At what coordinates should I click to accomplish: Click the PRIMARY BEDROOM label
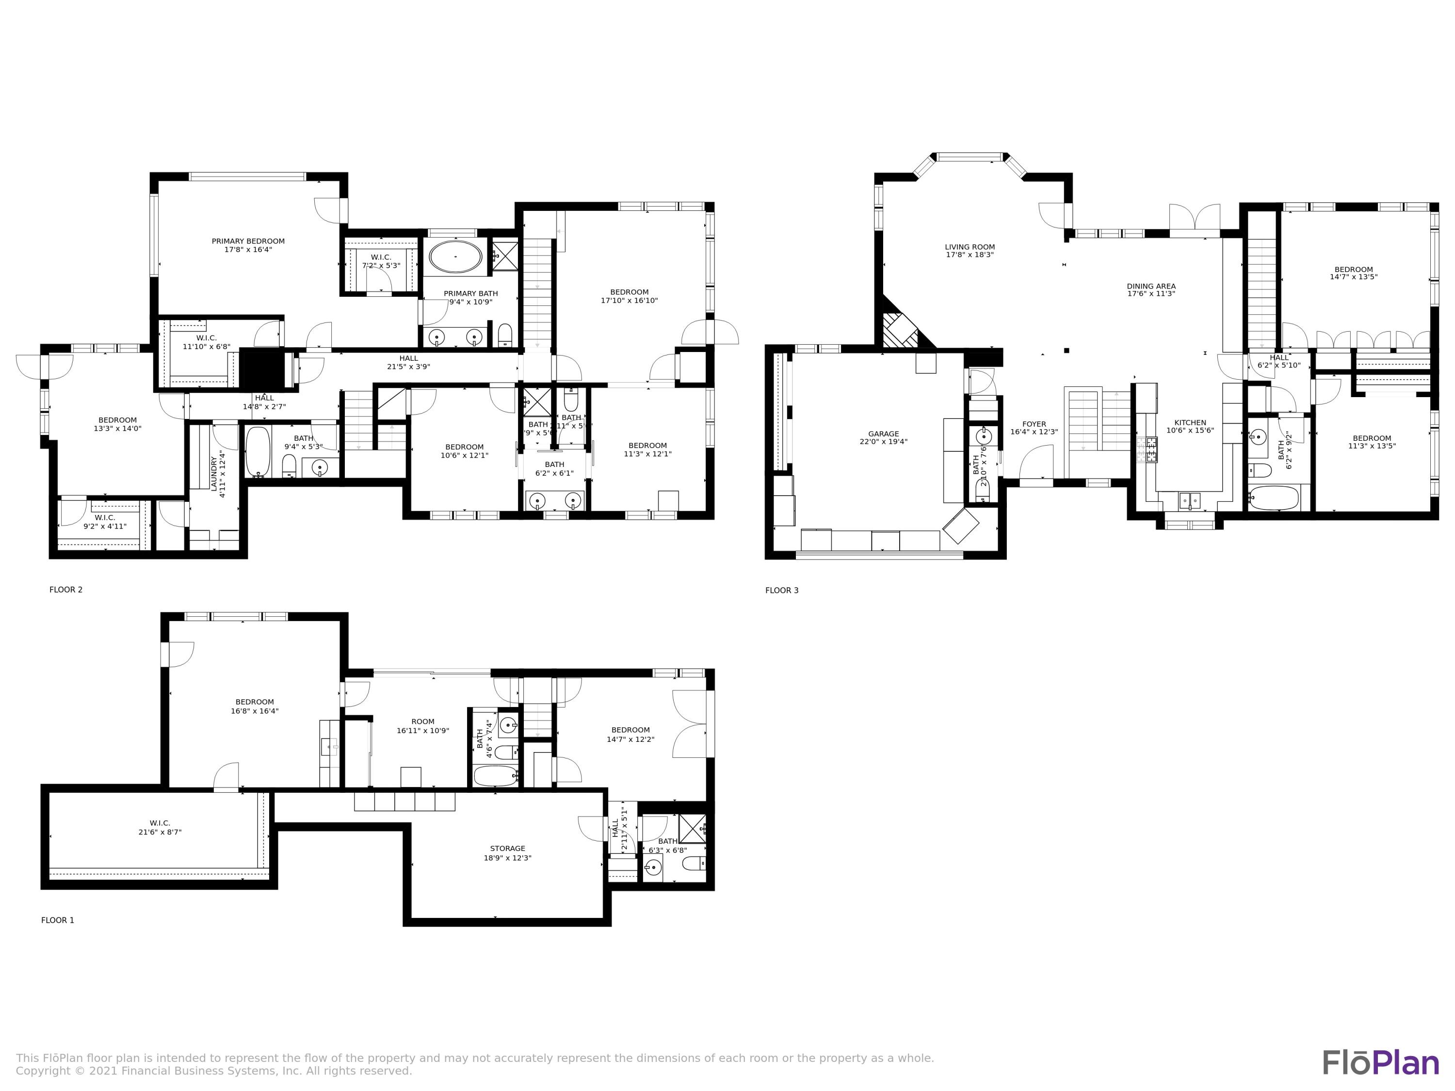(x=248, y=241)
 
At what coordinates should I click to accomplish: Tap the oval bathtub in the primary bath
(x=455, y=257)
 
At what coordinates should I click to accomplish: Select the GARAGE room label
(x=883, y=434)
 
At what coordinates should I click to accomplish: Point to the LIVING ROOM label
(x=970, y=247)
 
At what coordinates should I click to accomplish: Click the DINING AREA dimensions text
(x=1151, y=294)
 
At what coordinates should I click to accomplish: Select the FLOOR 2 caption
(x=66, y=590)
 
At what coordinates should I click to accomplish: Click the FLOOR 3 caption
(x=781, y=591)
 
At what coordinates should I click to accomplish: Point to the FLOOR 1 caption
(x=58, y=920)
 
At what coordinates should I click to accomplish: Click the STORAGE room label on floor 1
(x=507, y=849)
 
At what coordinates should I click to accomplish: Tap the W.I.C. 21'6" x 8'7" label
(x=160, y=827)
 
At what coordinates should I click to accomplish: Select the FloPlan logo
(x=1380, y=1063)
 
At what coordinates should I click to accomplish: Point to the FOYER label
(x=1034, y=424)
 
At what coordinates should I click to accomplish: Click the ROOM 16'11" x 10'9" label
(x=423, y=726)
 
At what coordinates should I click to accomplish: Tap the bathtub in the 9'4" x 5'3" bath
(x=258, y=452)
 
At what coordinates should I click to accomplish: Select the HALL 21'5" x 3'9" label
(x=408, y=362)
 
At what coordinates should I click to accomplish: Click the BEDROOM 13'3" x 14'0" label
(x=118, y=424)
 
